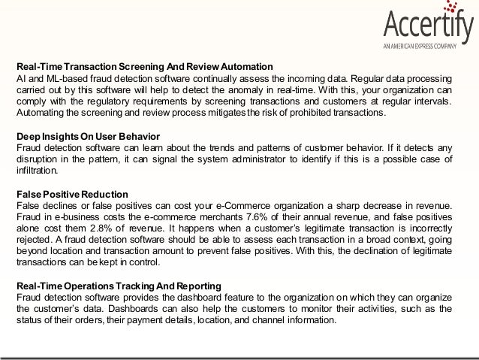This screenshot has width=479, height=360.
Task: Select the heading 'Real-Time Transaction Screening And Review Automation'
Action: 144,65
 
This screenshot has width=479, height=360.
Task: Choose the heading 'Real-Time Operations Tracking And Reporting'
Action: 119,287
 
